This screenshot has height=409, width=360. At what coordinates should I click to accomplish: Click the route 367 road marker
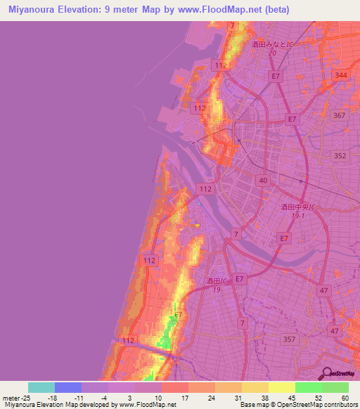(340, 115)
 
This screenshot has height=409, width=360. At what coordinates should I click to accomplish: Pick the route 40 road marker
(263, 181)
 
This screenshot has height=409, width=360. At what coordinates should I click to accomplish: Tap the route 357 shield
(288, 339)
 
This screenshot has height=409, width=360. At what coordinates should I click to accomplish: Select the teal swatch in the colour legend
(41, 387)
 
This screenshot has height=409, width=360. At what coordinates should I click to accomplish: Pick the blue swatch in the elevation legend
(68, 387)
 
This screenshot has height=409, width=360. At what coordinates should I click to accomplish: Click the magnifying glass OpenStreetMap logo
(326, 373)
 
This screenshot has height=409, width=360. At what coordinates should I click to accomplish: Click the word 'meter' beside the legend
(11, 398)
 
